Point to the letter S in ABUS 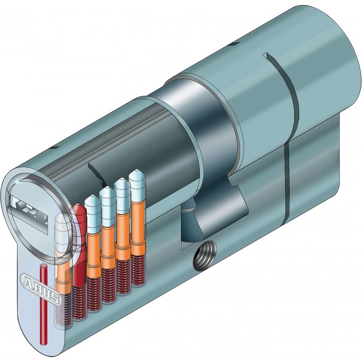55,298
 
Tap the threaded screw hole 205,256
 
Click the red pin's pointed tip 79,204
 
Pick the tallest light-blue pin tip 137,172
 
